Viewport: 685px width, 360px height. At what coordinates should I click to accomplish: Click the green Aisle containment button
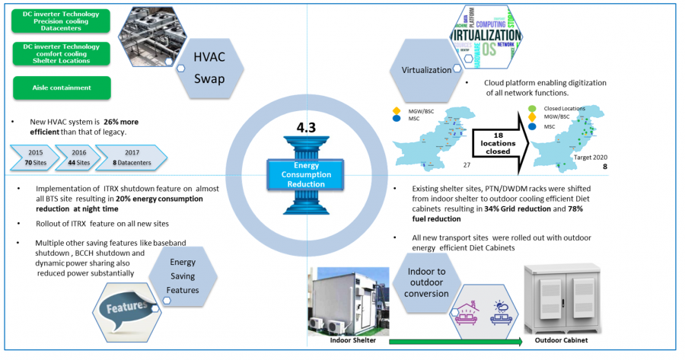click(62, 88)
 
